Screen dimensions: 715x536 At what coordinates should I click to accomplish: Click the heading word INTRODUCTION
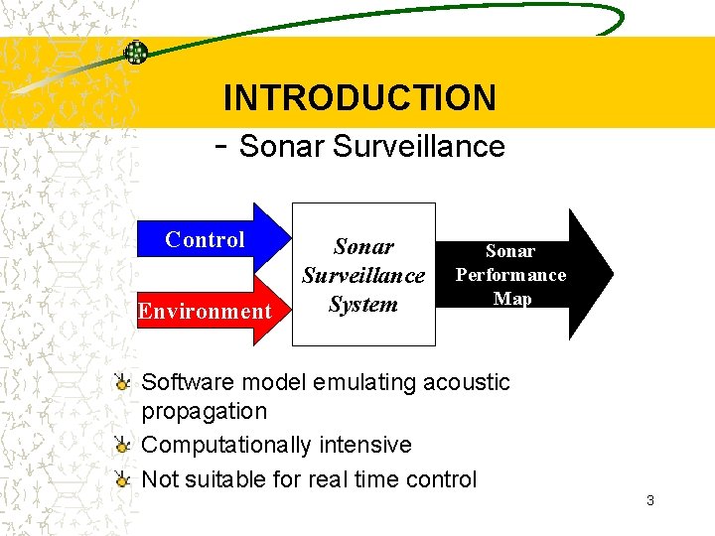coord(359,97)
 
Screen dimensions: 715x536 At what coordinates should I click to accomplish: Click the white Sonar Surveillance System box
coord(363,274)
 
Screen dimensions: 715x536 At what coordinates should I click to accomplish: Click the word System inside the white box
coord(362,304)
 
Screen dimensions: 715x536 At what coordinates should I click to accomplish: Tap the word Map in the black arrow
coord(512,298)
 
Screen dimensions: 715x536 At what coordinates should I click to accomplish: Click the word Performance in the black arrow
coord(510,275)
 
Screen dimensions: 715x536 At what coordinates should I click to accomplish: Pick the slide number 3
coord(649,500)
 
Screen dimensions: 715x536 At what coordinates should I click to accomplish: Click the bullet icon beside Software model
coord(121,382)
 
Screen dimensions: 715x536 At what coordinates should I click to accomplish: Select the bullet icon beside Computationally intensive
coord(121,445)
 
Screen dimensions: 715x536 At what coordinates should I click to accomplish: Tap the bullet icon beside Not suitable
coord(121,479)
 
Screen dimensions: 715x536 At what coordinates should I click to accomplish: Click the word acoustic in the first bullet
coord(466,382)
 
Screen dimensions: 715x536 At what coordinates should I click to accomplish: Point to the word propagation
coord(205,411)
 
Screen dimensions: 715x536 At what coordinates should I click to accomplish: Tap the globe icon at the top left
coord(135,53)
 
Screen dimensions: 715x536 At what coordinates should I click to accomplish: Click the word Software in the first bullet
coord(189,382)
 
